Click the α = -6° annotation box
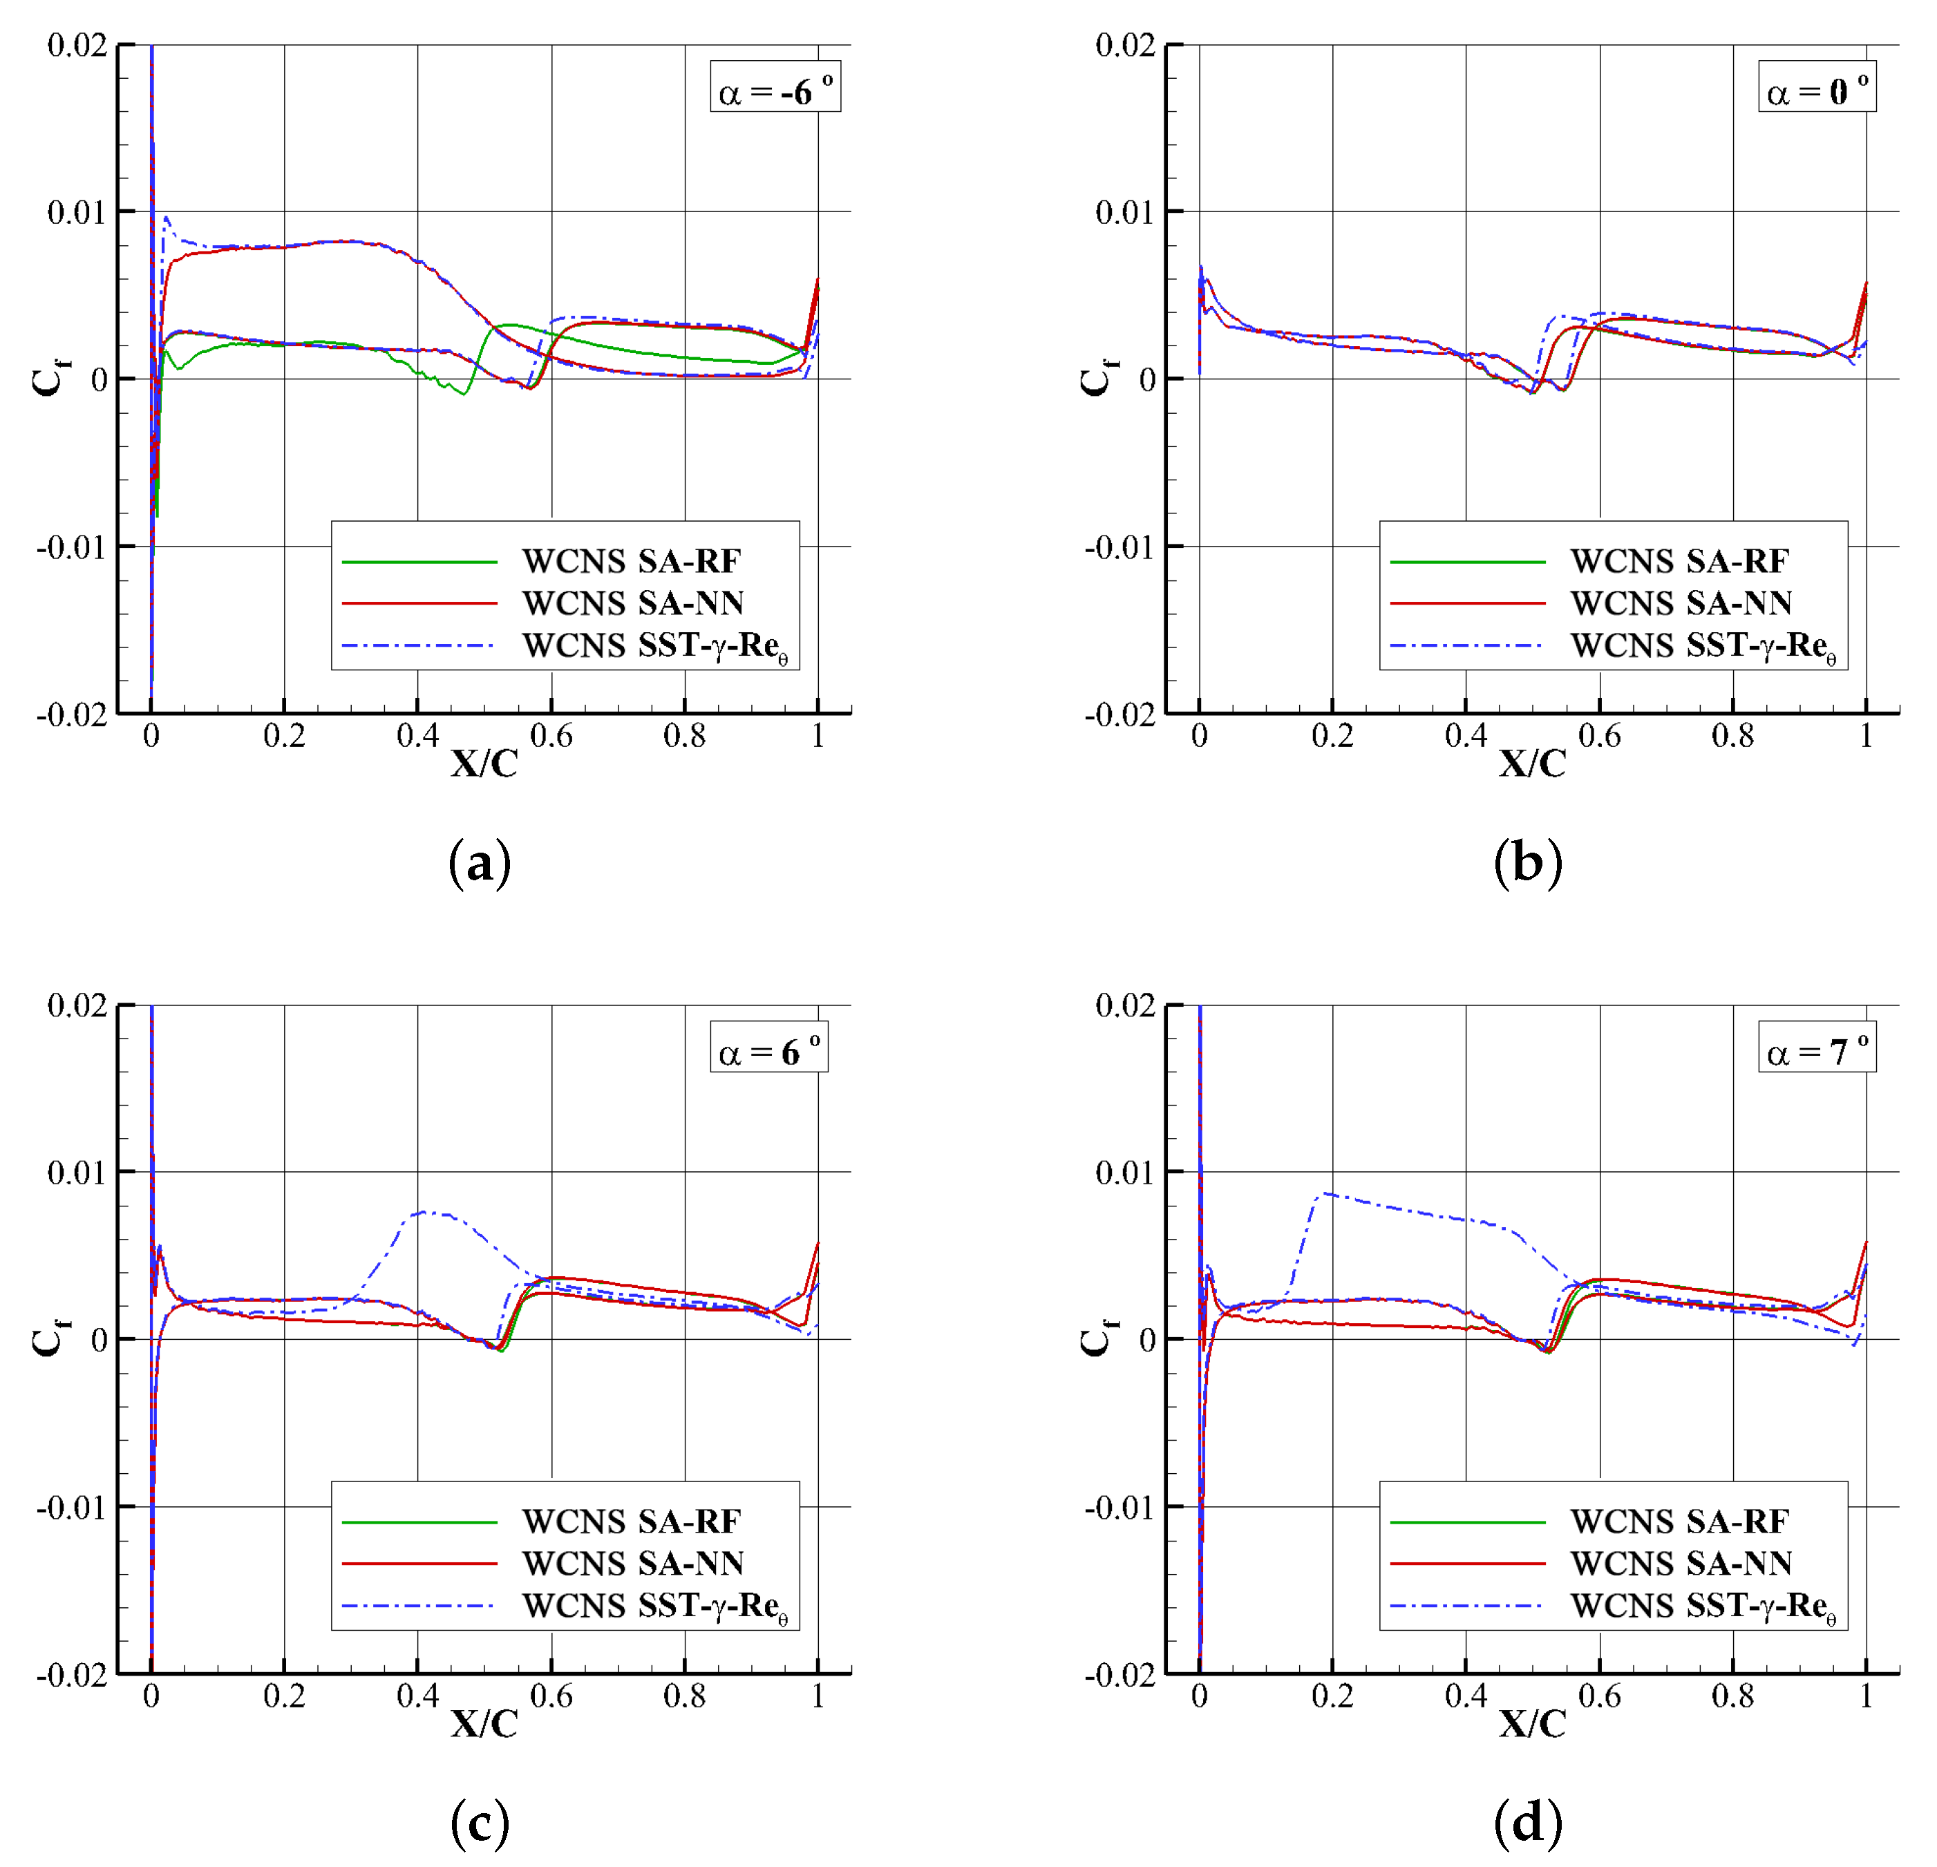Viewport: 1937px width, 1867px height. click(x=775, y=88)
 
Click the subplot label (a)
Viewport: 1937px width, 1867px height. click(x=480, y=864)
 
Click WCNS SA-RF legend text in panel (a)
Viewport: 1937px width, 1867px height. click(x=630, y=561)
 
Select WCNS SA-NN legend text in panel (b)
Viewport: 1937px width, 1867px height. click(x=1680, y=603)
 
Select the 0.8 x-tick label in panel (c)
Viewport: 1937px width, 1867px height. click(x=684, y=1696)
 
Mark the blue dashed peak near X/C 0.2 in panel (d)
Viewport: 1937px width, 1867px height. click(x=1324, y=1193)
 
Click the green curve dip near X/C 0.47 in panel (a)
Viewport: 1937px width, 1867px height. click(x=464, y=393)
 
